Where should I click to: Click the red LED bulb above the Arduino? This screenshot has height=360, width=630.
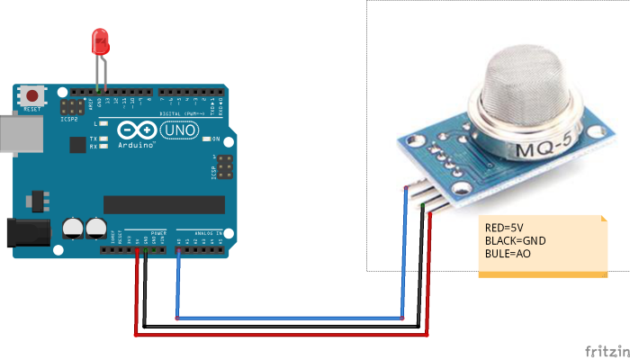pos(100,41)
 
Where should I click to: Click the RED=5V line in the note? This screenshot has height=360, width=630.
pos(505,229)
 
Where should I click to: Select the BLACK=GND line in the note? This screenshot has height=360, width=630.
pos(516,241)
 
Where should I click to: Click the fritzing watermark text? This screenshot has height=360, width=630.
pos(607,349)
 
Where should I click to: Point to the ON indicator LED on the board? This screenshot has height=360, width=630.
pos(206,139)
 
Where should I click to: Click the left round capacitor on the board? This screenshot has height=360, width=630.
pos(73,228)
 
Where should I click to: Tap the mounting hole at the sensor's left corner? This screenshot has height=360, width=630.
pos(417,139)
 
